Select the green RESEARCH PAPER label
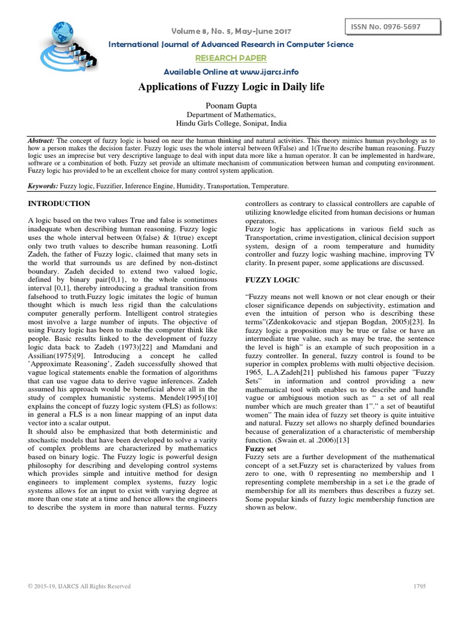(x=231, y=58)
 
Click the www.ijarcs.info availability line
(x=231, y=72)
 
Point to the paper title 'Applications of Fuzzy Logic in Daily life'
(x=231, y=87)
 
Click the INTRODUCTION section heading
(x=59, y=204)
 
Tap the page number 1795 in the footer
(x=421, y=586)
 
